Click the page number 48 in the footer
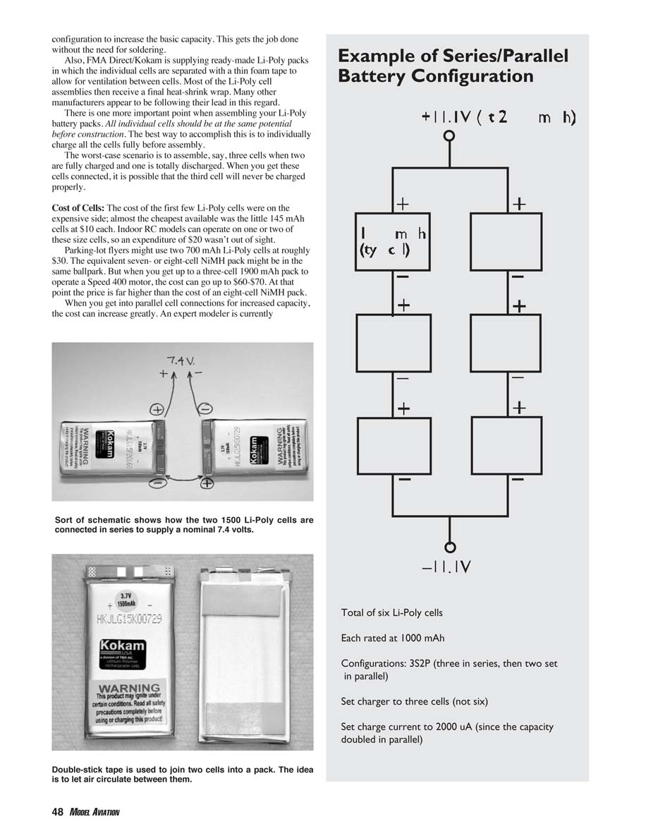click(58, 812)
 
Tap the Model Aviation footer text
click(94, 813)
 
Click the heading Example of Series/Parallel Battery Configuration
click(453, 66)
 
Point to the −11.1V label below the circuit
click(446, 567)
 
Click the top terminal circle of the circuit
click(449, 138)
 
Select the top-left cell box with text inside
click(393, 241)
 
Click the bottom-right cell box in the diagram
click(506, 445)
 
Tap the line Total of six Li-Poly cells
click(391, 612)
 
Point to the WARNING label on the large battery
click(130, 688)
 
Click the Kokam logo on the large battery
click(123, 647)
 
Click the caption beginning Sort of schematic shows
click(183, 525)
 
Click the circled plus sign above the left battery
click(157, 409)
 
